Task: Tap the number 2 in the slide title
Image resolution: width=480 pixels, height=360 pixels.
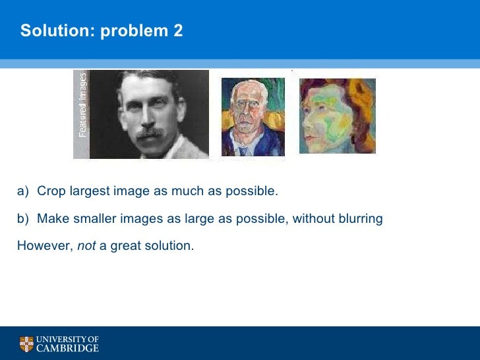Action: (x=178, y=30)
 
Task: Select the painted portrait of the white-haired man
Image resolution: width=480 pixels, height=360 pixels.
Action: (x=253, y=117)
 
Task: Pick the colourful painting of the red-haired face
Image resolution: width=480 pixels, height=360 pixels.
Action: (x=337, y=115)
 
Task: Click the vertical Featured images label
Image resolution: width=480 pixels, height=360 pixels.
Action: (x=82, y=105)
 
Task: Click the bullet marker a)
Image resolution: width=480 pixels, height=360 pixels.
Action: (x=24, y=192)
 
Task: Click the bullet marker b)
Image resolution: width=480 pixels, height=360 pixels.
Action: (x=24, y=218)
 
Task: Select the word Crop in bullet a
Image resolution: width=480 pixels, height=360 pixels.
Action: (x=50, y=192)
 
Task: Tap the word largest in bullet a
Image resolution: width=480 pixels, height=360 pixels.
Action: (x=88, y=192)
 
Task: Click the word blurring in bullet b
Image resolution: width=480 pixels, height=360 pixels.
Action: (x=361, y=218)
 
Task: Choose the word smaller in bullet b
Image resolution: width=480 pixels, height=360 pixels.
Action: (x=95, y=218)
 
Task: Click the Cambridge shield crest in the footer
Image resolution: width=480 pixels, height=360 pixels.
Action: (x=26, y=344)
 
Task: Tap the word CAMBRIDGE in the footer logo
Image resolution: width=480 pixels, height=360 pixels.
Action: (x=67, y=348)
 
